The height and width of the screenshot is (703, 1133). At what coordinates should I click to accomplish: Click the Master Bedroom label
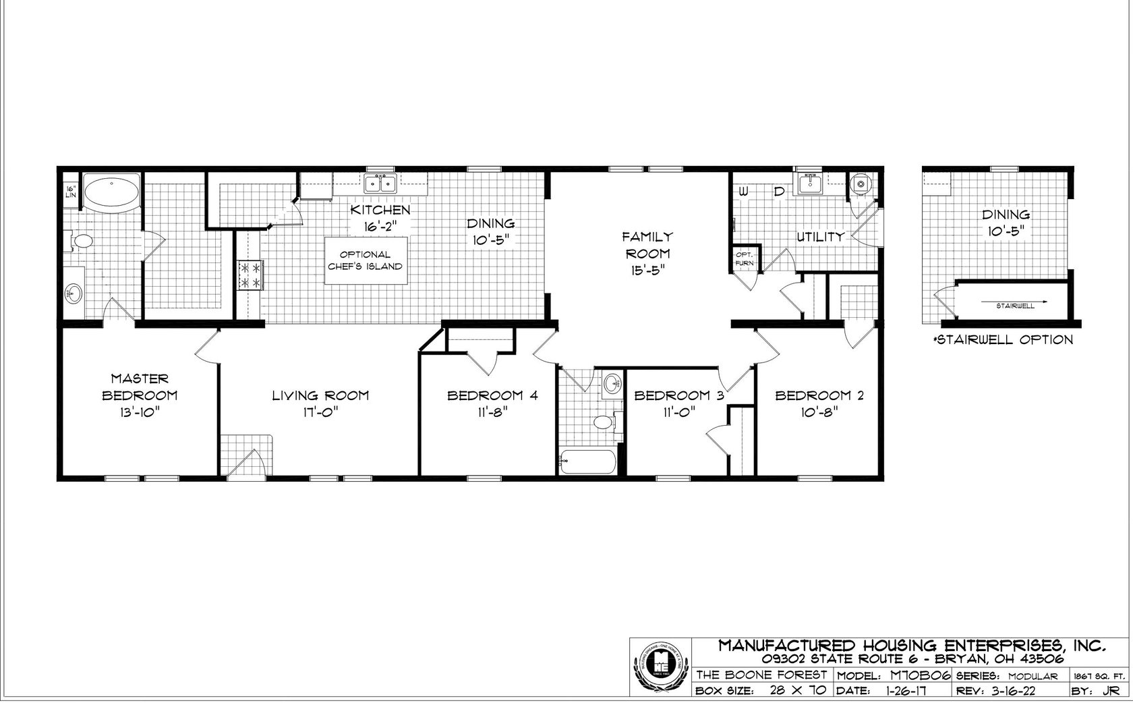pyautogui.click(x=140, y=387)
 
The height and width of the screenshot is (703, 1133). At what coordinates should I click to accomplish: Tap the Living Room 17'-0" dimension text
pyautogui.click(x=320, y=413)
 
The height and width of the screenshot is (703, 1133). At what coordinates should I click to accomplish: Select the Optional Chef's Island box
pyautogui.click(x=366, y=260)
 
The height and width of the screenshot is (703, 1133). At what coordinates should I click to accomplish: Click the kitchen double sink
pyautogui.click(x=380, y=183)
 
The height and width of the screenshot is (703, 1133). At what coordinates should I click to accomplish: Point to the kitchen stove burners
pyautogui.click(x=250, y=276)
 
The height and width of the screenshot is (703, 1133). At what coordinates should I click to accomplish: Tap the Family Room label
pyautogui.click(x=647, y=245)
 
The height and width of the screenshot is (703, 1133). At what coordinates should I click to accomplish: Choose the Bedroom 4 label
pyautogui.click(x=492, y=396)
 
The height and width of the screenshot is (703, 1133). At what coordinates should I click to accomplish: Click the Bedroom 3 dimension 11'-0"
pyautogui.click(x=678, y=413)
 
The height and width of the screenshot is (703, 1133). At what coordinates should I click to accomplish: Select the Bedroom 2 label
pyautogui.click(x=819, y=396)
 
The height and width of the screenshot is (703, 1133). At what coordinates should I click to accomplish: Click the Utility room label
pyautogui.click(x=820, y=237)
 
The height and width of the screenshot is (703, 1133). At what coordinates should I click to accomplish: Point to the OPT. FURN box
pyautogui.click(x=744, y=258)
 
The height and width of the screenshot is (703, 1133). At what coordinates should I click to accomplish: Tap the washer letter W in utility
pyautogui.click(x=744, y=192)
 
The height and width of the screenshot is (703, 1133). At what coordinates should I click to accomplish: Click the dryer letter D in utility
pyautogui.click(x=779, y=192)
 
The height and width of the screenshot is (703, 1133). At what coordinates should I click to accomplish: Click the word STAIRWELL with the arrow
pyautogui.click(x=1015, y=306)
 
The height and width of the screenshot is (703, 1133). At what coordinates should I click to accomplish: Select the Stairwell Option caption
pyautogui.click(x=1003, y=339)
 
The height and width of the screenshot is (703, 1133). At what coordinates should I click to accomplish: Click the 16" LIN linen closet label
pyautogui.click(x=70, y=191)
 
